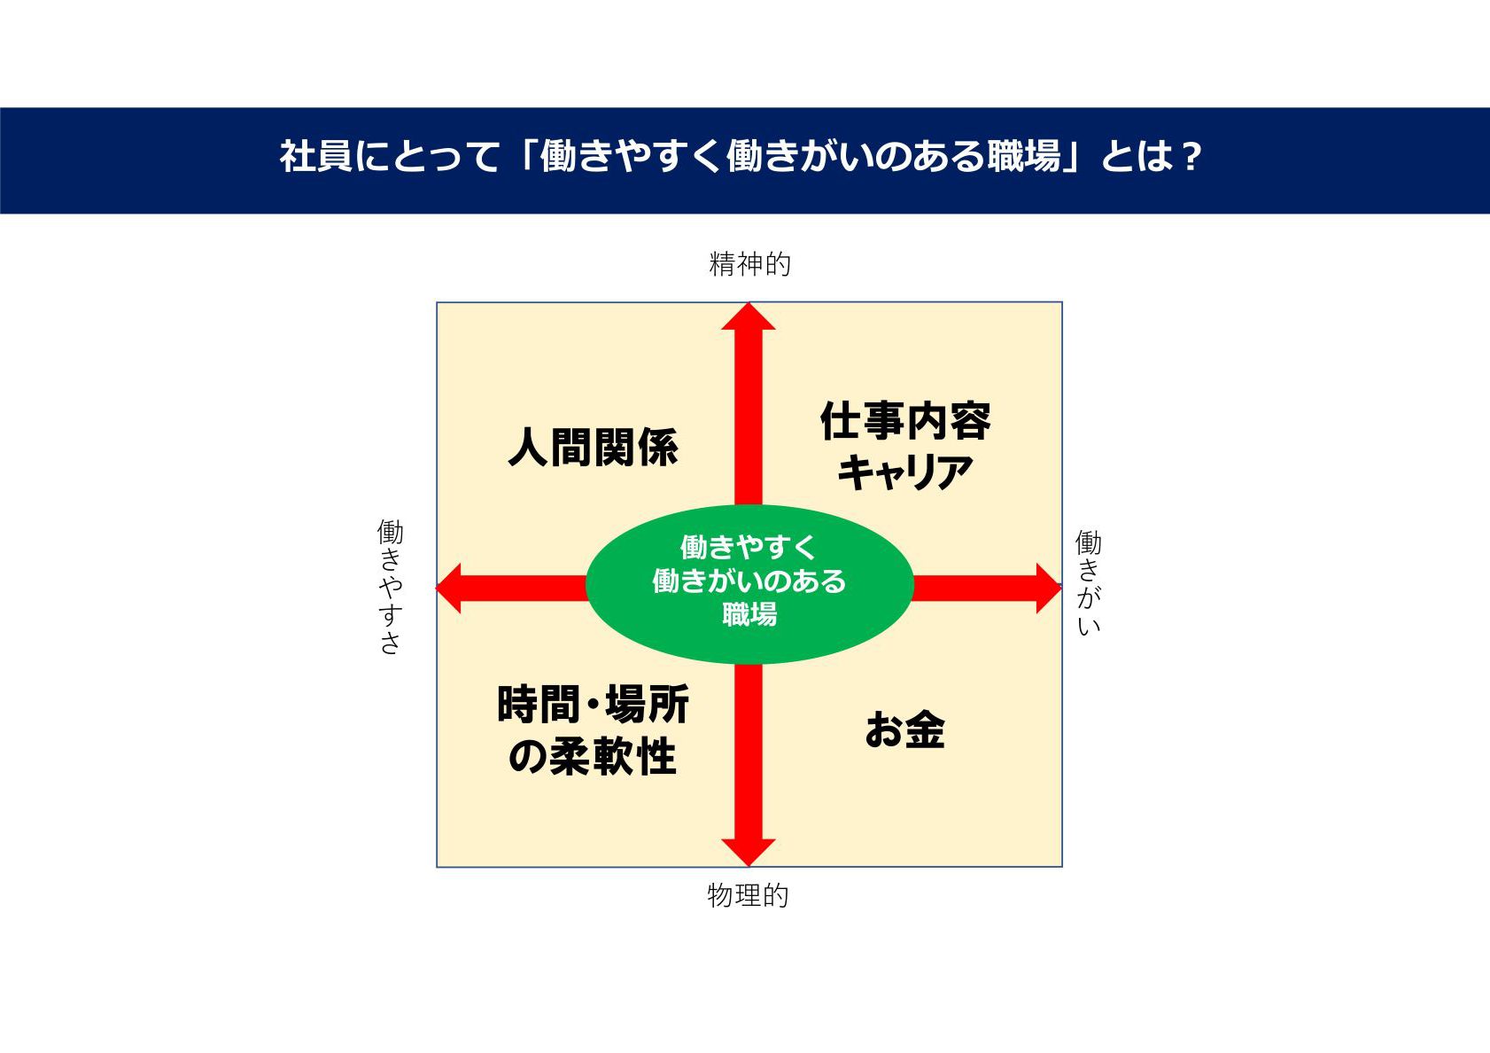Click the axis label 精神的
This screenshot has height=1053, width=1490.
(749, 264)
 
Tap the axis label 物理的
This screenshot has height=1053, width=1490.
(748, 895)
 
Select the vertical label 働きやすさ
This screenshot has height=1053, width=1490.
(391, 587)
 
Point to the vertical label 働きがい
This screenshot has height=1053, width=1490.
(1088, 582)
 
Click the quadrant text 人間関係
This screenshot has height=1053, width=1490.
(594, 447)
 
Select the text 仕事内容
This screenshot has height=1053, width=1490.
(905, 421)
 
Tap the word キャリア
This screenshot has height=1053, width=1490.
(905, 472)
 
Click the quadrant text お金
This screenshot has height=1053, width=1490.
(905, 729)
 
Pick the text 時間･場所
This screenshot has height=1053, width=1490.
(593, 704)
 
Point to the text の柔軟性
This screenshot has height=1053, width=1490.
(593, 755)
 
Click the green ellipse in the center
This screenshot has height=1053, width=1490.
(749, 584)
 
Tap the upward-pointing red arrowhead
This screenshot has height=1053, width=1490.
(749, 316)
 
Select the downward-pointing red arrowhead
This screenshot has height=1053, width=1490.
(749, 853)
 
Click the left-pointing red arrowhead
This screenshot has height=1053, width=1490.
(448, 588)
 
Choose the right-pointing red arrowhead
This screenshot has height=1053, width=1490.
(1049, 588)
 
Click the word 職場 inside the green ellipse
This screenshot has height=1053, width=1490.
(749, 614)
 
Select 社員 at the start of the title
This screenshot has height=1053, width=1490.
(315, 156)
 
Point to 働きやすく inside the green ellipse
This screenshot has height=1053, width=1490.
(749, 547)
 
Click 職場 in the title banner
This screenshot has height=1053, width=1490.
(1024, 156)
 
